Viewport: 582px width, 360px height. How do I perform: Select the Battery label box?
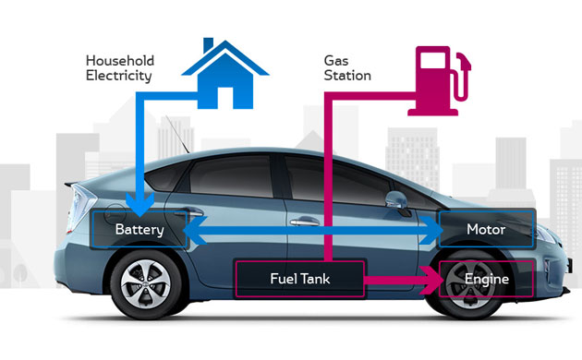point(138,229)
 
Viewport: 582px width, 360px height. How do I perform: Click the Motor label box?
point(486,229)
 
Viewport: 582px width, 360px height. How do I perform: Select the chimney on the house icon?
point(209,45)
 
